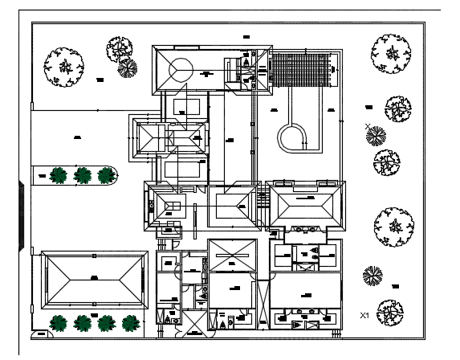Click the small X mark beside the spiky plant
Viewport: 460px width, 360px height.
tap(368, 126)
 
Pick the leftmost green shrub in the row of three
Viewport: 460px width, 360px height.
tap(58, 174)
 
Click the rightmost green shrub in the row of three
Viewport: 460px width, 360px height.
tap(105, 174)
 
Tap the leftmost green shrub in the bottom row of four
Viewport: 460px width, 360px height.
tap(58, 323)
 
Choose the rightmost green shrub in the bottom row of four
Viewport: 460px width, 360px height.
tap(130, 323)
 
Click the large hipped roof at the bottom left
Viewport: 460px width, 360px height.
tap(94, 278)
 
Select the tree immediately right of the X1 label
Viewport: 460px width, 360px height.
tap(389, 311)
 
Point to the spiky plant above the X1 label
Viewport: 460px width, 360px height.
tap(372, 276)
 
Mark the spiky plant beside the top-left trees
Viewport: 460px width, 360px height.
tap(127, 69)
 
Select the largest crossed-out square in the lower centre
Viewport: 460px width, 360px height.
tap(231, 257)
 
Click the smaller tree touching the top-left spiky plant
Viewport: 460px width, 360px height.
tap(120, 48)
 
